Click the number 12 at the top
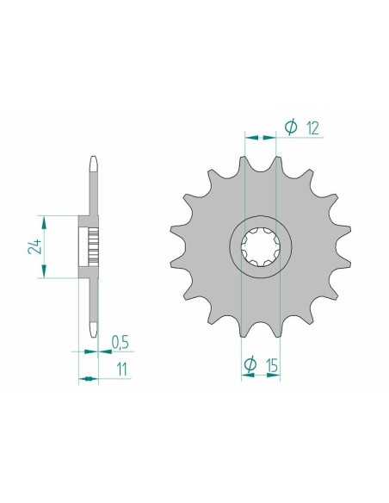click(x=312, y=127)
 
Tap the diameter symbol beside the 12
click(x=291, y=127)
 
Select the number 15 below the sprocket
click(x=272, y=366)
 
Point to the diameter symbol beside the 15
click(x=250, y=366)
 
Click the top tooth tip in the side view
click(x=93, y=159)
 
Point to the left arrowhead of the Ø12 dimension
click(x=250, y=136)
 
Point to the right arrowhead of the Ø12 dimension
click(x=279, y=136)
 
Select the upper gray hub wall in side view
click(x=90, y=219)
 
